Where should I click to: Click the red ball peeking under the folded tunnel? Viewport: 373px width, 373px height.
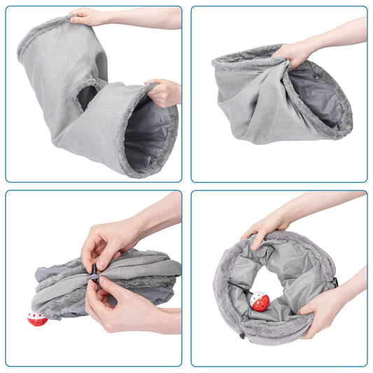[x=36, y=319]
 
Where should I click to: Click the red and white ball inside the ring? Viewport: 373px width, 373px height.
[x=260, y=302]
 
